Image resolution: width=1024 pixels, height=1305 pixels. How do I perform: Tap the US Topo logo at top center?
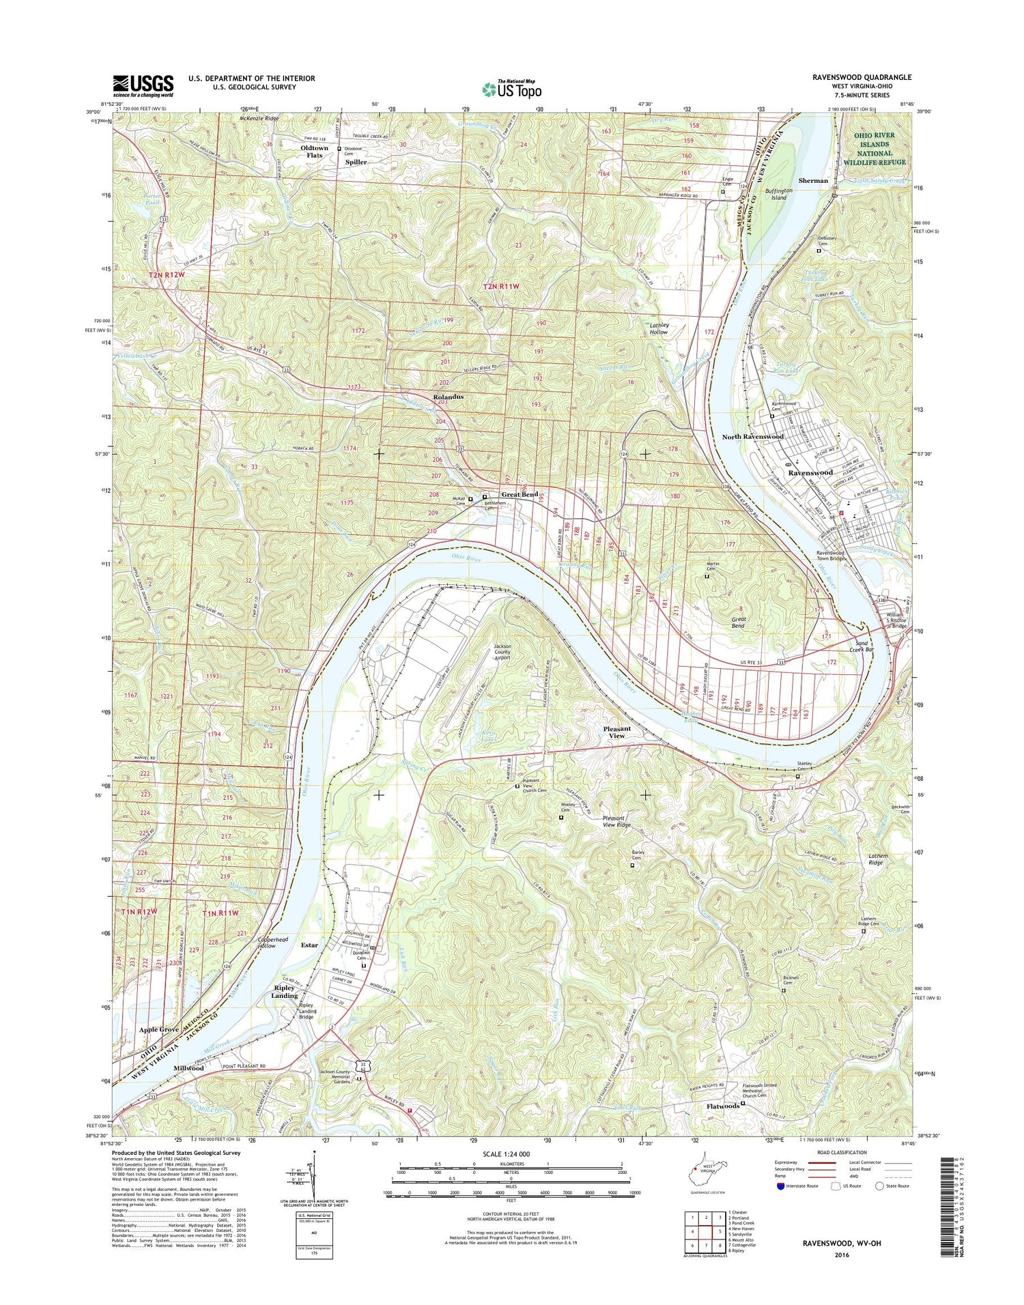512,89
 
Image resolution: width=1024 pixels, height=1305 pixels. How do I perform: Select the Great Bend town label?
520,494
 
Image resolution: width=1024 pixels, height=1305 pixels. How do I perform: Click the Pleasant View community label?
616,732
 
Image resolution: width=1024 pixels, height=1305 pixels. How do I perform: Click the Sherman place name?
813,181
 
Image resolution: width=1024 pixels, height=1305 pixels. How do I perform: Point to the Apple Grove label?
159,1029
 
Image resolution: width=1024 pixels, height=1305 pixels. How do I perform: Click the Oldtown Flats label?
315,152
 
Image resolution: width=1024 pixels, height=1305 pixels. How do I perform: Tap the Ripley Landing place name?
285,991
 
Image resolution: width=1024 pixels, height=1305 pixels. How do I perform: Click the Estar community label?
309,945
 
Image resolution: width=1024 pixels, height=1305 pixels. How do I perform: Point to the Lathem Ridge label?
876,859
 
